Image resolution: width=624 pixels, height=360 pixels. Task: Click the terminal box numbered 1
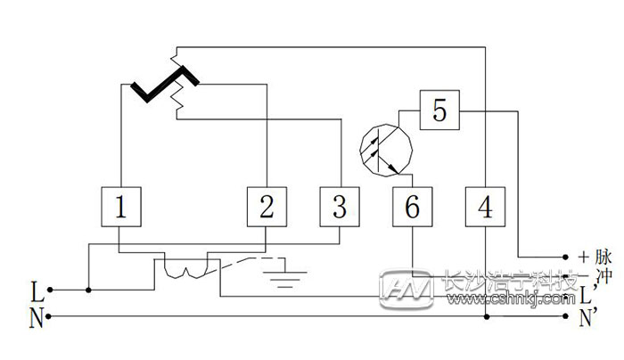[119, 208]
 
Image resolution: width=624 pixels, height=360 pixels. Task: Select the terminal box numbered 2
[267, 208]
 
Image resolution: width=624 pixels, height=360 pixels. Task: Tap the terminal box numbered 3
[340, 208]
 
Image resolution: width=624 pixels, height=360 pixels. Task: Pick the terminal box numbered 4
[484, 208]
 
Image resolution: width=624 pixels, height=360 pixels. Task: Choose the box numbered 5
[439, 111]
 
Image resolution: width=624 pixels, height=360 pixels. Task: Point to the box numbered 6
[411, 208]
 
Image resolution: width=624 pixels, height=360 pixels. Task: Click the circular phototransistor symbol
[384, 147]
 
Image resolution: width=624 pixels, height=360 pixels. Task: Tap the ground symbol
[286, 270]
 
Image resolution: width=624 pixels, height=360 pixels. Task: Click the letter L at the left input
[36, 290]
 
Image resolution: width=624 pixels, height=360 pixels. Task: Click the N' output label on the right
[588, 318]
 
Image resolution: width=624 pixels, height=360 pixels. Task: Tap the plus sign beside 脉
[583, 257]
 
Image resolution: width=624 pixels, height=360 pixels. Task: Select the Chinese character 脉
[603, 257]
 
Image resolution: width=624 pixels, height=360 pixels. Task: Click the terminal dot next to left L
[50, 290]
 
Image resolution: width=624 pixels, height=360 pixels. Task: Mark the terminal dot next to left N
[50, 316]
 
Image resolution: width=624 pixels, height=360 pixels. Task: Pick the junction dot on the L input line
[88, 290]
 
